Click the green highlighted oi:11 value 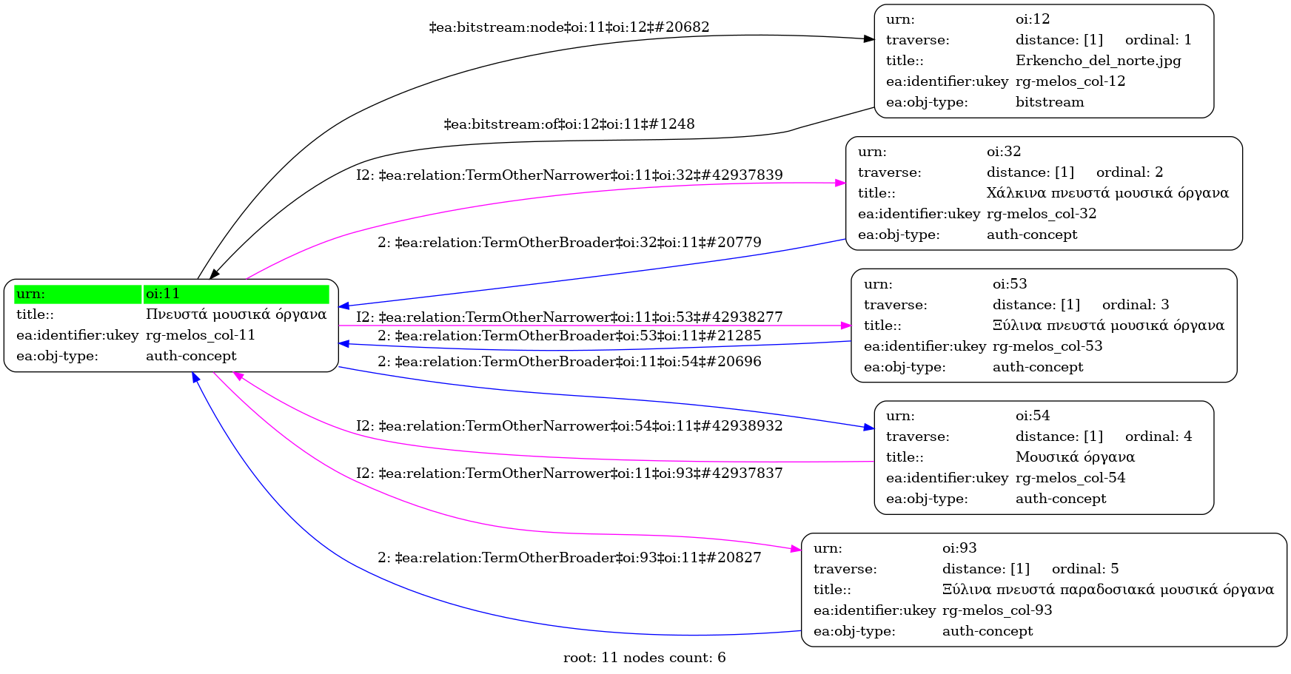tap(236, 294)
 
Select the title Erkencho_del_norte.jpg tap(1098, 61)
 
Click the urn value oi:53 tap(1010, 284)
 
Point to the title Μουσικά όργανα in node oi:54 tap(1075, 457)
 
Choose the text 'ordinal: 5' tap(1085, 569)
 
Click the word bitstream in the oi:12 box tap(1050, 102)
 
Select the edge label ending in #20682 tap(569, 27)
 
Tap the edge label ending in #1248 tap(569, 124)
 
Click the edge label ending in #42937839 tap(569, 175)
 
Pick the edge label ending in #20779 tap(569, 243)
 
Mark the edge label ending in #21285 tap(569, 336)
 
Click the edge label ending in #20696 tap(569, 362)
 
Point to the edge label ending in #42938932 tap(569, 426)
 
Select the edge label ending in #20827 tap(569, 558)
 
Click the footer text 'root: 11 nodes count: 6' tap(644, 658)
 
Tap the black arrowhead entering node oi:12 tap(869, 38)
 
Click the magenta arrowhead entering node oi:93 tap(796, 550)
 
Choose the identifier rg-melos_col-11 tap(201, 335)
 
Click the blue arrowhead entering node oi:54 tap(869, 427)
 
